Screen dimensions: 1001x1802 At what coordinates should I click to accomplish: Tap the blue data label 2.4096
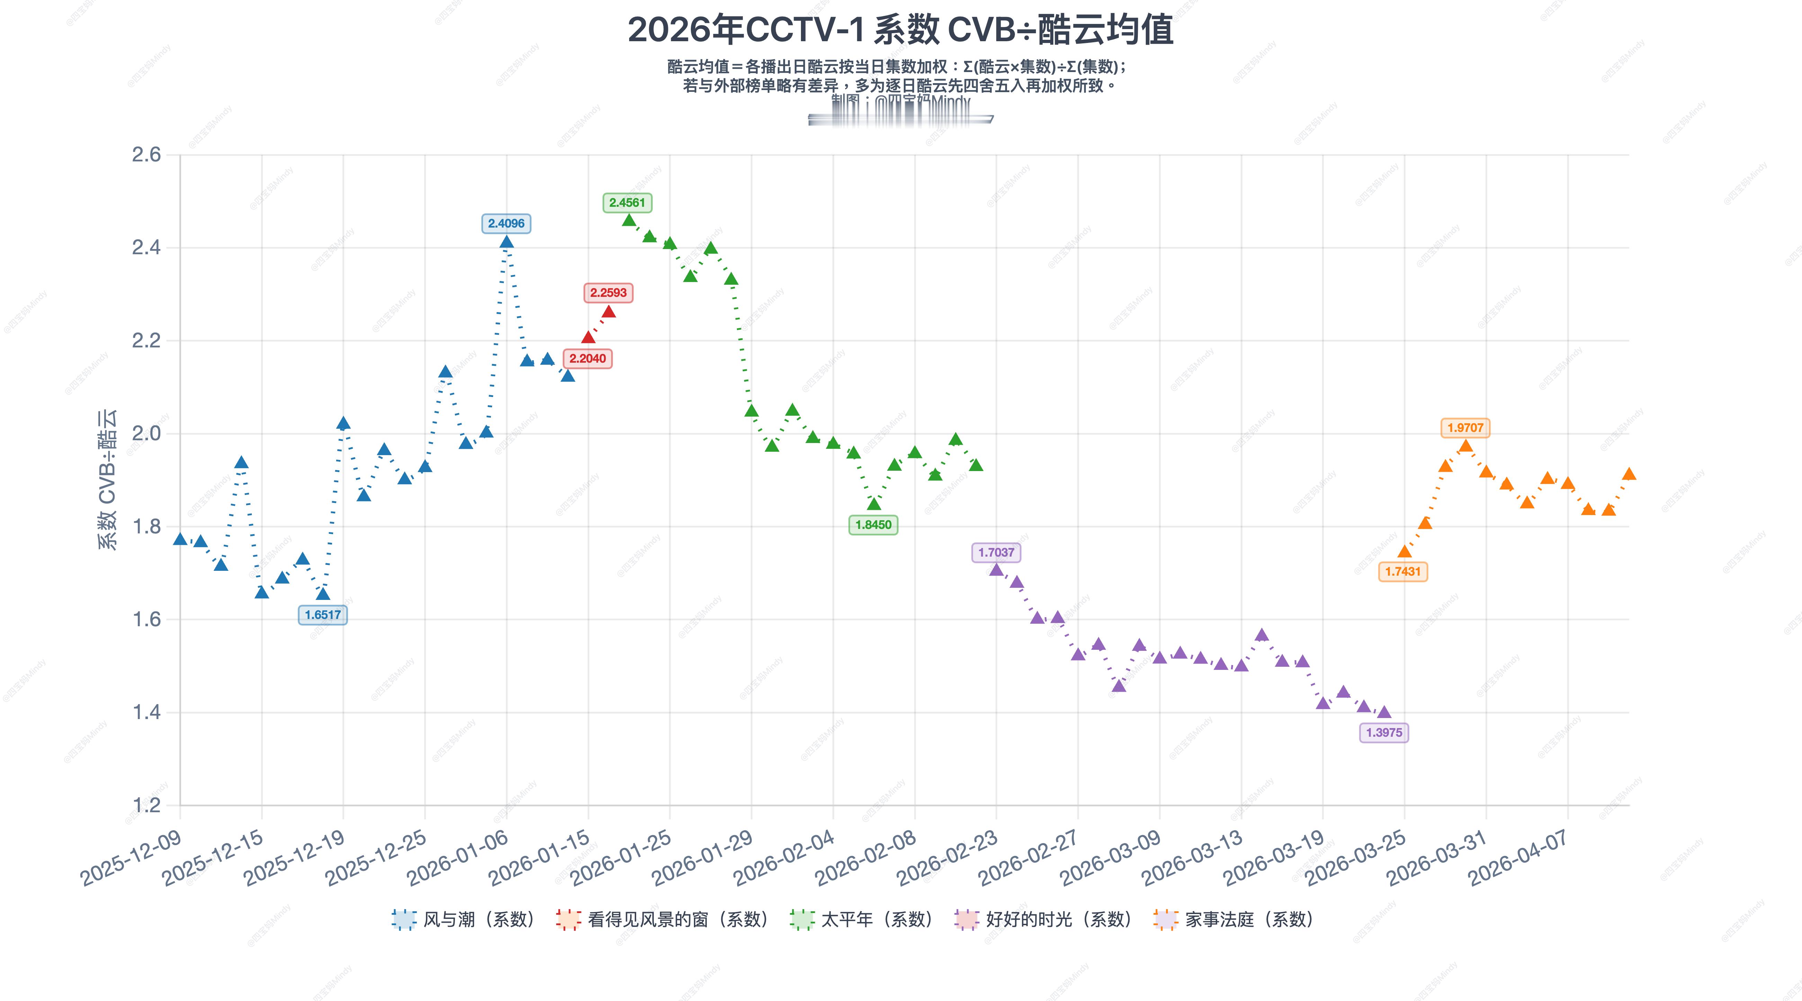(506, 224)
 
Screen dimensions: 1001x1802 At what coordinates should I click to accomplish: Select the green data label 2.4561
(627, 203)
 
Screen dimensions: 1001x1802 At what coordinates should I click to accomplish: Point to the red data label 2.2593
(608, 293)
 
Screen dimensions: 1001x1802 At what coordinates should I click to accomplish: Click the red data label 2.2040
(588, 359)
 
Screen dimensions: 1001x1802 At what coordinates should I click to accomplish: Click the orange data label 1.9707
(1465, 428)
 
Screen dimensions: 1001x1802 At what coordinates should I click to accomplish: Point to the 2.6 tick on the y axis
(146, 154)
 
